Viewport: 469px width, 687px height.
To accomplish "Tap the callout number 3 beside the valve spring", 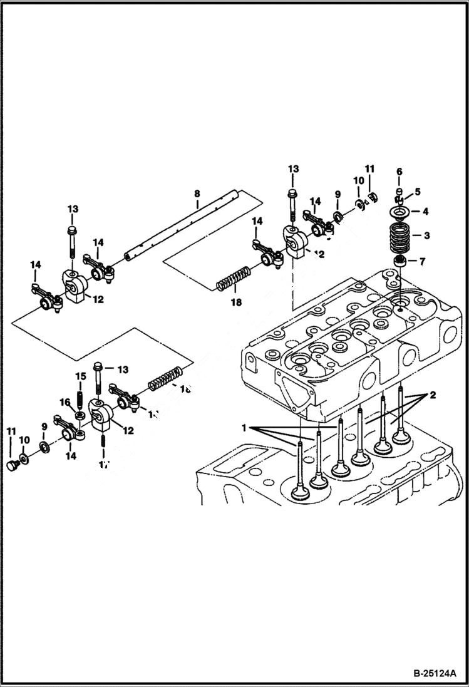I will click(426, 235).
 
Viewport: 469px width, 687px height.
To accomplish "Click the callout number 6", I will click(399, 172).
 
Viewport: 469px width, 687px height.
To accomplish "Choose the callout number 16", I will click(64, 402).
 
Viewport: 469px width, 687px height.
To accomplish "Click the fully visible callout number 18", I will click(235, 302).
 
